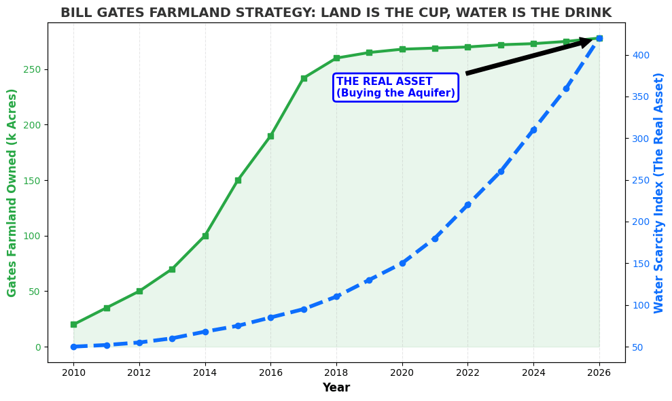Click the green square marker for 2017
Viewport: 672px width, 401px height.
pos(304,78)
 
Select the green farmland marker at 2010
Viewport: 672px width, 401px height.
pos(73,324)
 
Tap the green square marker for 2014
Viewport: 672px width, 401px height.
pos(205,236)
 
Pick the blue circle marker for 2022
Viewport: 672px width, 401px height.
pos(467,205)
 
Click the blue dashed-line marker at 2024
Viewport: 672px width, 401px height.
pos(533,130)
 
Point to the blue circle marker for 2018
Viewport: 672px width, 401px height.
pos(336,296)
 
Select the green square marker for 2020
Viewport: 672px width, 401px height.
pos(402,49)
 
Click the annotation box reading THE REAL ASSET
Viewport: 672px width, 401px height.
pos(395,88)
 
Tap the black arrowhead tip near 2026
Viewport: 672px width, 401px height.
pos(592,40)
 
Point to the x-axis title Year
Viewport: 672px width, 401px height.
pos(336,387)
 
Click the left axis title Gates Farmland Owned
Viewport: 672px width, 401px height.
pos(12,192)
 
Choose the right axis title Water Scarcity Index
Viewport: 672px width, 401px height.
pos(659,192)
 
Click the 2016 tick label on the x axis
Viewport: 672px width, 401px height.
pos(270,372)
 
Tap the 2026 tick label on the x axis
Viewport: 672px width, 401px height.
pos(599,372)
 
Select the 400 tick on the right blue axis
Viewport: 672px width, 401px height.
pos(641,55)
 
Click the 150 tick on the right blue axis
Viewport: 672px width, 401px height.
pos(641,263)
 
